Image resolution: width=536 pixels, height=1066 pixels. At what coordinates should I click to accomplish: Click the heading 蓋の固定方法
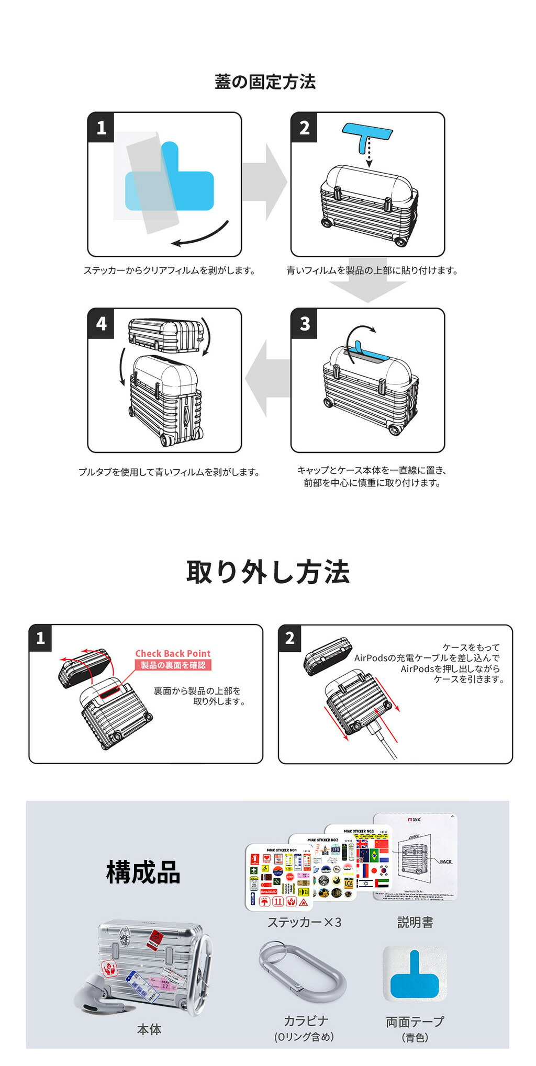(265, 82)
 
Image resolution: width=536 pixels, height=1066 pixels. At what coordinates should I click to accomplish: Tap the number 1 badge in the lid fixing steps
(101, 127)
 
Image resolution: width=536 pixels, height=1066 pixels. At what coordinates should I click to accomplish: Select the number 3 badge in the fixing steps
(304, 323)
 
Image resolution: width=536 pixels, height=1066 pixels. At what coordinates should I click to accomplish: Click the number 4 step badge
(101, 323)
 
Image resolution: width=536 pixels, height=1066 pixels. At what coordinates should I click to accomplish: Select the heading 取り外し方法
(267, 572)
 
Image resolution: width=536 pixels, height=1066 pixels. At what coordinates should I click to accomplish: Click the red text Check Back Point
(173, 653)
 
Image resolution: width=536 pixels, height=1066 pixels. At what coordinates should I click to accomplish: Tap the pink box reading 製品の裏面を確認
(173, 665)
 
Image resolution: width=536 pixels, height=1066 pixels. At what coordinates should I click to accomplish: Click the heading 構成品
(143, 872)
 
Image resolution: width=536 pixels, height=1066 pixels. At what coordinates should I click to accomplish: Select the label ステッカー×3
(304, 923)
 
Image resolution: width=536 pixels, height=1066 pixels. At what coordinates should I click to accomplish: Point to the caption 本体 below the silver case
(149, 1029)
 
